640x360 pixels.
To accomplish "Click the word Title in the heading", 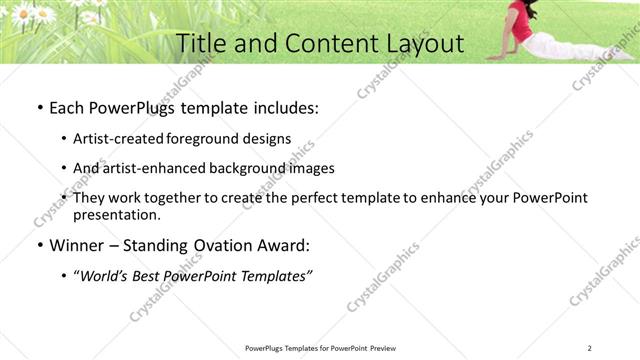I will click(200, 43).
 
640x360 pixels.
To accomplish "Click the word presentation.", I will click(116, 214).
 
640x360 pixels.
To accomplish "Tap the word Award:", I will click(284, 245).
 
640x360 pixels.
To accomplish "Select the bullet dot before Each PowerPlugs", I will click(39, 108).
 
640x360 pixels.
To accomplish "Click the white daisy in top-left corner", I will click(45, 13).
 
